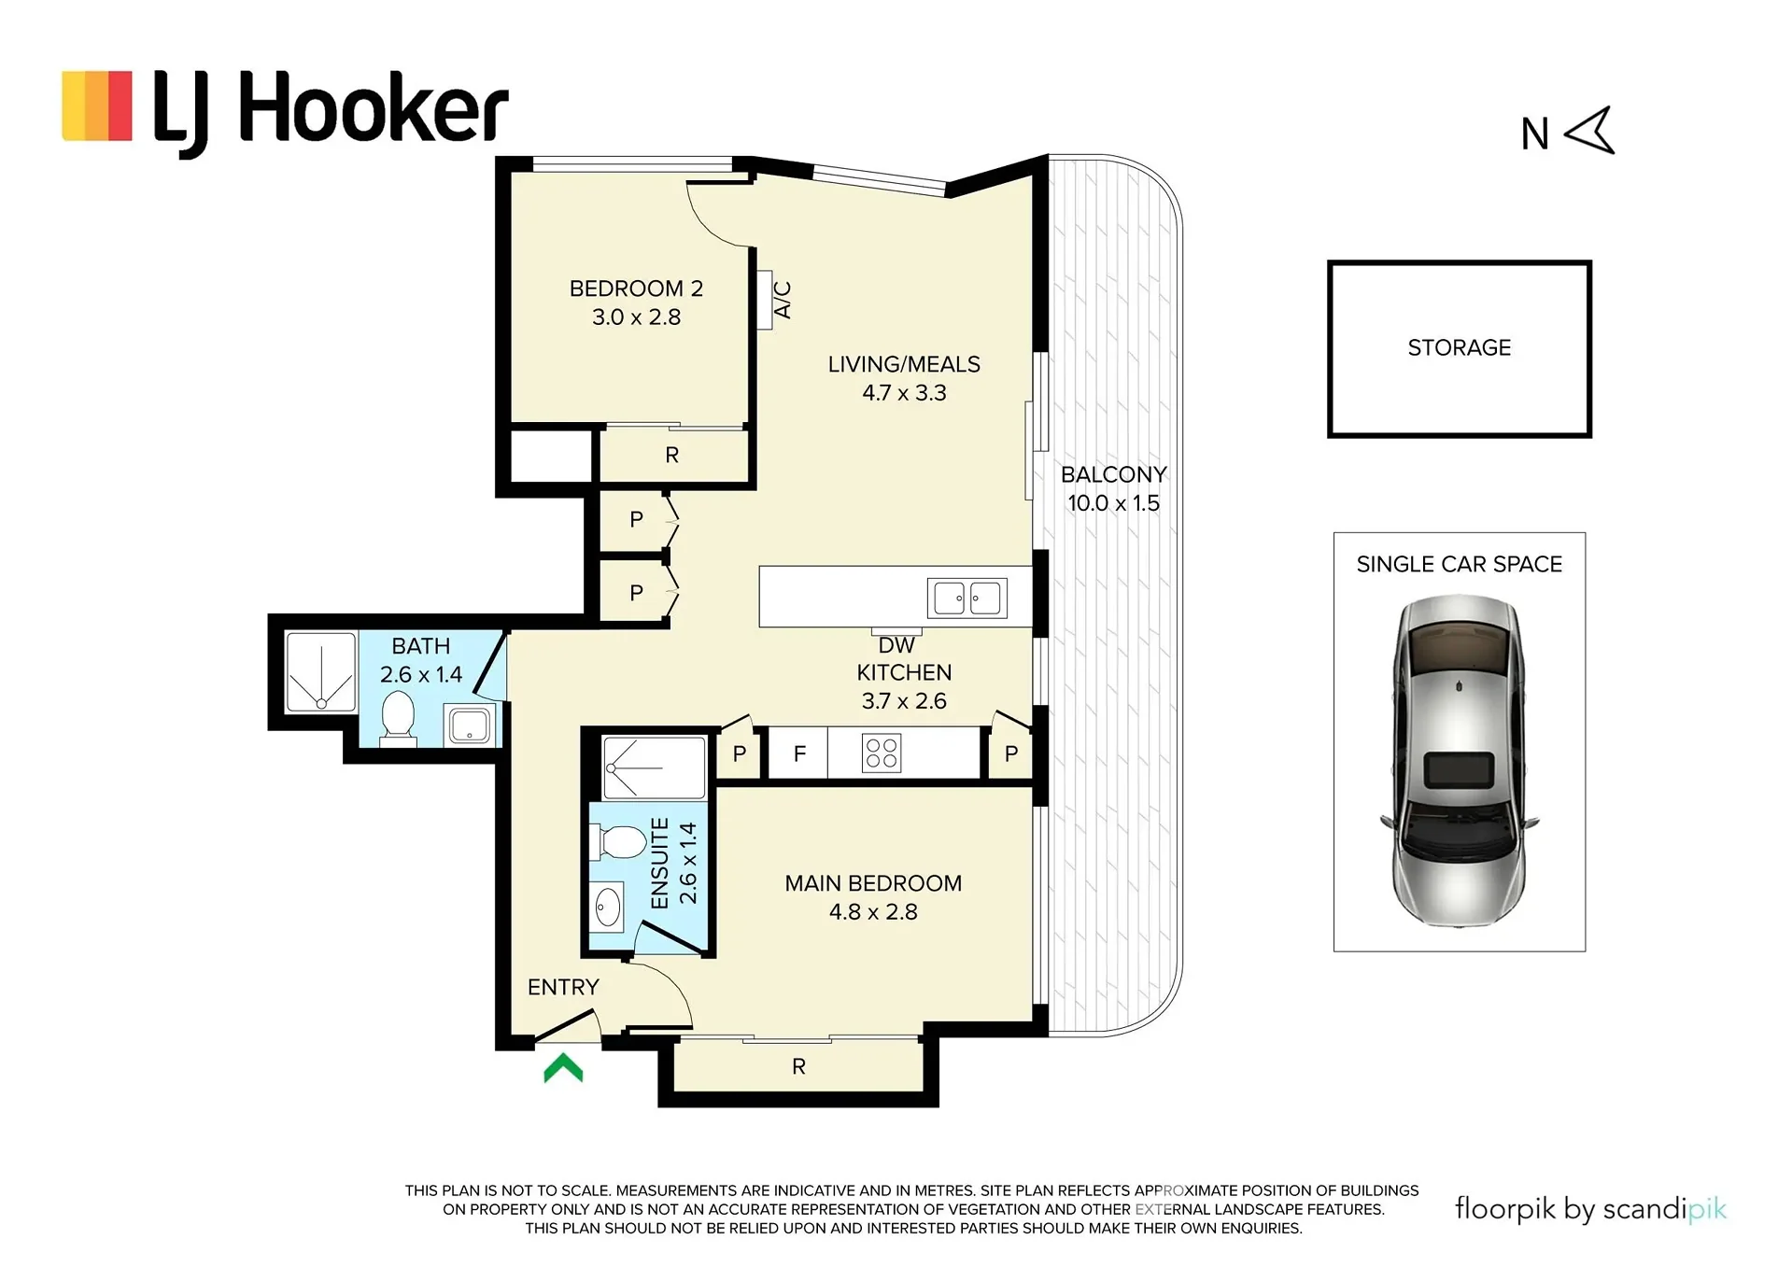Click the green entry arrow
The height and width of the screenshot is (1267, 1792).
tap(563, 1068)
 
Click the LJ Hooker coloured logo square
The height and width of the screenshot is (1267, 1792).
tap(97, 106)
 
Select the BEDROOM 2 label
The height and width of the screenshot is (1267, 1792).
tap(636, 289)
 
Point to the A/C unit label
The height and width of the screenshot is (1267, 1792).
tap(783, 300)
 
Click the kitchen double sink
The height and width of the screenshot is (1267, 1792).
tap(967, 598)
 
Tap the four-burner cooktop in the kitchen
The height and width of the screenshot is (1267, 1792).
tap(882, 753)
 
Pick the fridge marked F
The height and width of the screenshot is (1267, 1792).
tap(799, 753)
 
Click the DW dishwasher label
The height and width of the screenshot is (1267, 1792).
tap(896, 645)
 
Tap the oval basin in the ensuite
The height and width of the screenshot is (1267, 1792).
tap(608, 906)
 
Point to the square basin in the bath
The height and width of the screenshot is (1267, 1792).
tap(470, 725)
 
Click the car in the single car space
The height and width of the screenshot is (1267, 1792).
tap(1459, 761)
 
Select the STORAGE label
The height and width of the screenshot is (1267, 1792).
tap(1460, 347)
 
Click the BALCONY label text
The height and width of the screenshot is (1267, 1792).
tap(1114, 474)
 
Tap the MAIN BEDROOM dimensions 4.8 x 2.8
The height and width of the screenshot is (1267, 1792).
tap(873, 912)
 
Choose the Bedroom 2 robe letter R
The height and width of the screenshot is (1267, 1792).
tap(672, 456)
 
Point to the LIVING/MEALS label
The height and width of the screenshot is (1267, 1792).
tap(904, 364)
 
